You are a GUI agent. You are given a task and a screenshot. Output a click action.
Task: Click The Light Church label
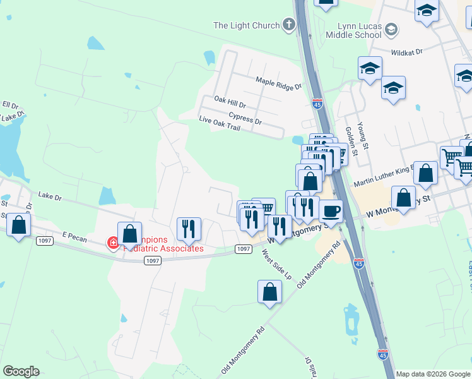tap(246, 25)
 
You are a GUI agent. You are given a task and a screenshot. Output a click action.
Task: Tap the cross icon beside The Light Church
tap(289, 25)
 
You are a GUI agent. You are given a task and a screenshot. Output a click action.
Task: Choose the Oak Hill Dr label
tap(230, 100)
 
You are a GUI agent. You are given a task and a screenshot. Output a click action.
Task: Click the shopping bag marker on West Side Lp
tap(269, 292)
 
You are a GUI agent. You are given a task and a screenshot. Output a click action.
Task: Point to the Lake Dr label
tap(50, 196)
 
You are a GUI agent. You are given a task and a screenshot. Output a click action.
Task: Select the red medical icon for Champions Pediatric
tap(114, 243)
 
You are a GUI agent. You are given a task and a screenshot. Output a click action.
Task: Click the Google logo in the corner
tap(21, 371)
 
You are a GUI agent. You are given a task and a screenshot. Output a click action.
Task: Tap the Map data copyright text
tap(433, 374)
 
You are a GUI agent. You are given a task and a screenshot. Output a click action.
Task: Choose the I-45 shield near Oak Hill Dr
tap(317, 103)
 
